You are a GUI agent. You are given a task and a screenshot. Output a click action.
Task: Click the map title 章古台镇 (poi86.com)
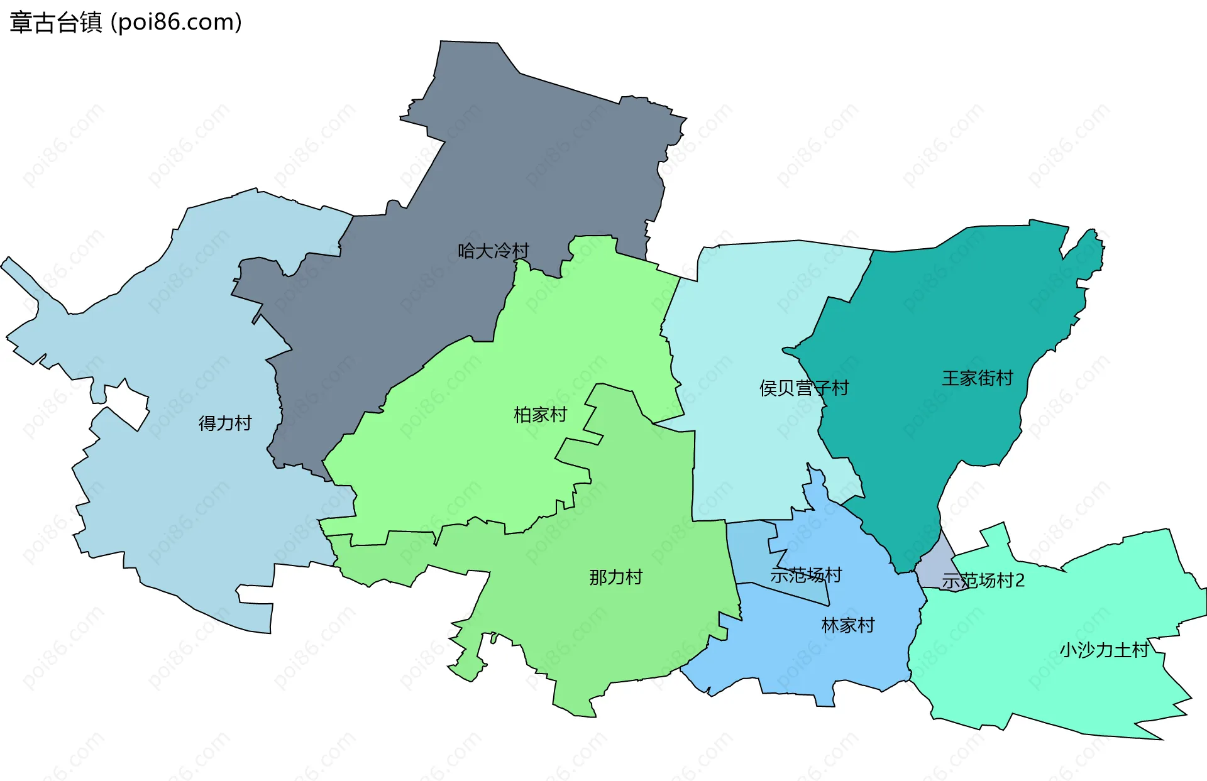tap(126, 23)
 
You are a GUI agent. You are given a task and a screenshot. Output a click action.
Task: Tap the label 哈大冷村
tap(493, 251)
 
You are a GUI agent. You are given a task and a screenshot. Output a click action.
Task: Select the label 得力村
tap(225, 423)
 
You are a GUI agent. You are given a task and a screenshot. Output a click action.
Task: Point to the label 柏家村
tap(540, 415)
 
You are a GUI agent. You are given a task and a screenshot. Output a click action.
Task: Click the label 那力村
tap(615, 577)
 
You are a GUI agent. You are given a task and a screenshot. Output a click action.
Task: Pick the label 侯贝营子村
tap(804, 388)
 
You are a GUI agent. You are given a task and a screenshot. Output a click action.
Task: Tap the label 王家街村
tap(978, 378)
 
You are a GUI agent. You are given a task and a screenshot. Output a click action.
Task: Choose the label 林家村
tap(848, 626)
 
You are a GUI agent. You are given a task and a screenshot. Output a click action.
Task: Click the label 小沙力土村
tap(1105, 650)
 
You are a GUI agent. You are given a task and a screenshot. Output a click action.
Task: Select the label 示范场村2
tap(983, 581)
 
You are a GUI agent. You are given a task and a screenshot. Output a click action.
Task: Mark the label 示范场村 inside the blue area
tap(806, 576)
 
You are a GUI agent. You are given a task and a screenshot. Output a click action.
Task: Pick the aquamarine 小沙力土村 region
tap(1037, 679)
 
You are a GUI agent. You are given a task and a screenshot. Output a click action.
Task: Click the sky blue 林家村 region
tap(817, 660)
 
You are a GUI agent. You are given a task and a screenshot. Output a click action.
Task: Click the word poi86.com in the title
tap(176, 23)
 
